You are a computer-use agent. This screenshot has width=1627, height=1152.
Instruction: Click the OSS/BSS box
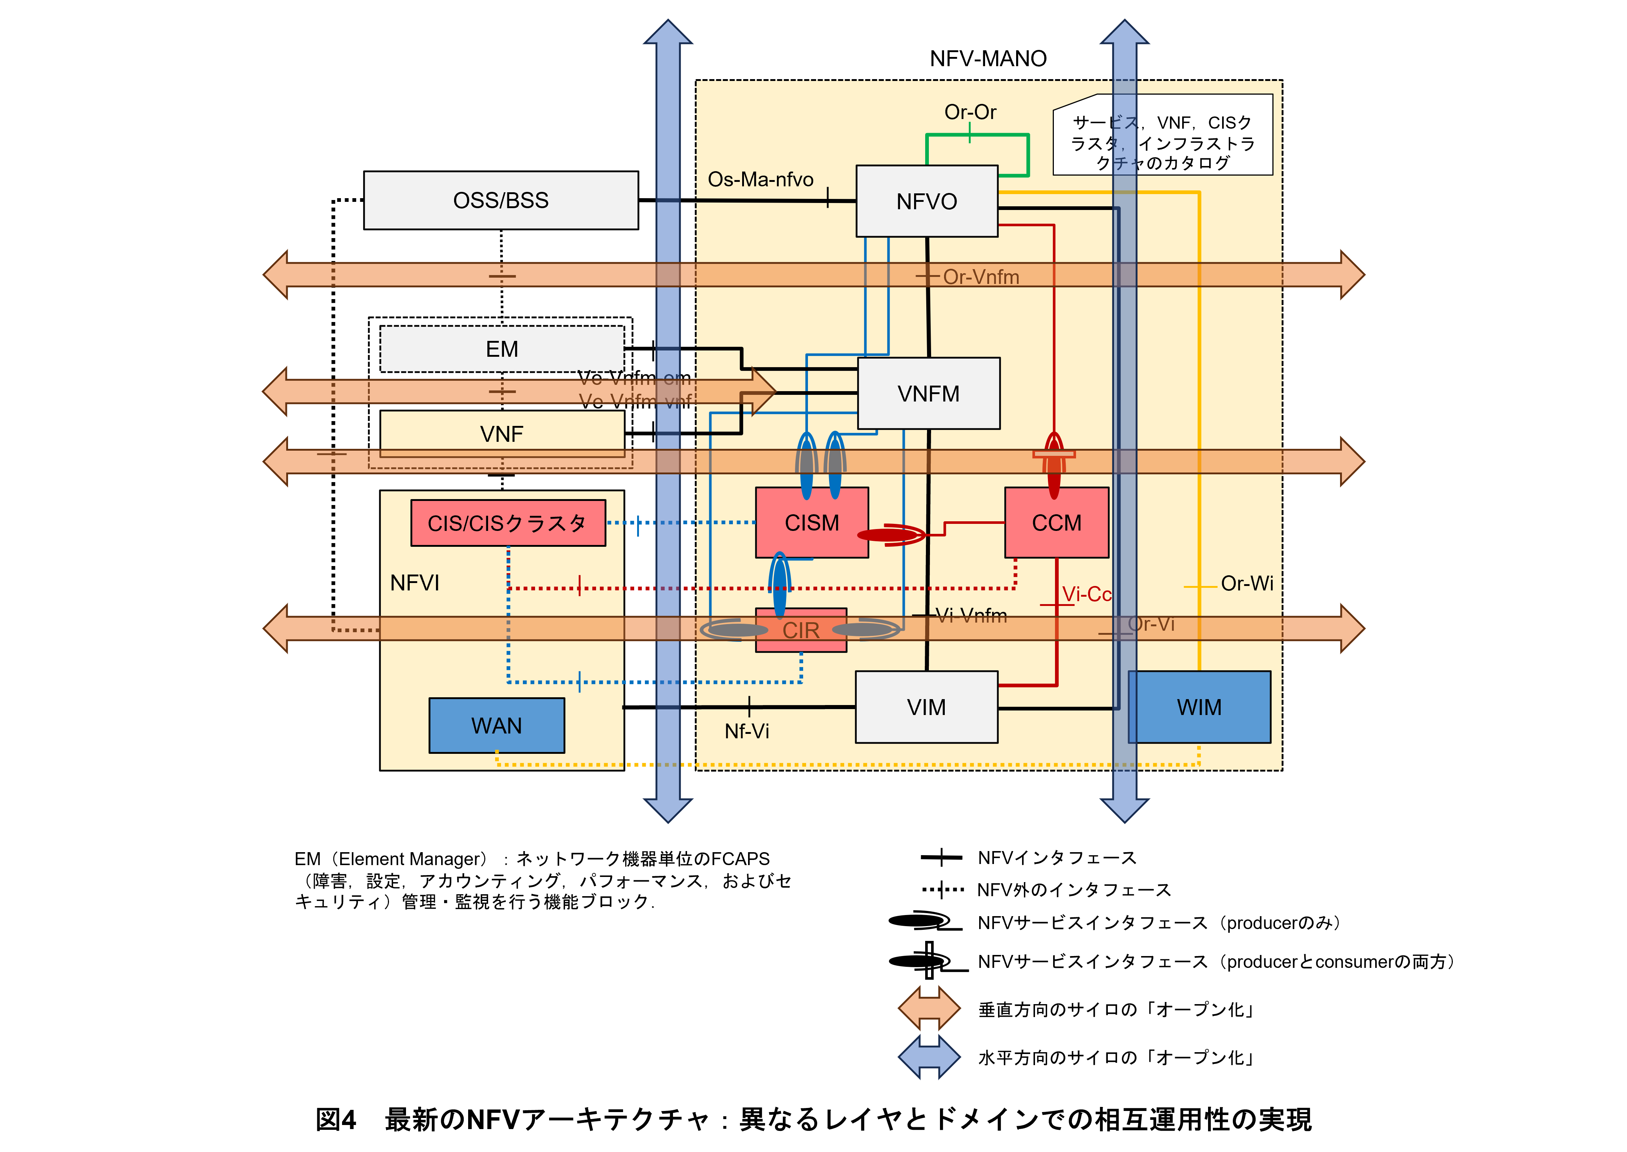(501, 200)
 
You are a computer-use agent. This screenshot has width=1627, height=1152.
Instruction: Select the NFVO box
(927, 201)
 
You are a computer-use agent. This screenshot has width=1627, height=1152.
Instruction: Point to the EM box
(502, 349)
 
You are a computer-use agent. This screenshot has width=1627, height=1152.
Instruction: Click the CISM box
(812, 523)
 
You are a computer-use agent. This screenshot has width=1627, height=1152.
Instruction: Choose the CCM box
(1056, 523)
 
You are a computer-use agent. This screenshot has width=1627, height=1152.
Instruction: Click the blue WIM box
(1199, 707)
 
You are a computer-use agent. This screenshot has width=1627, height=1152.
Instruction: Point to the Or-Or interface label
(970, 112)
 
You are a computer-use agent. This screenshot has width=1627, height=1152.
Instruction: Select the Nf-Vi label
(747, 731)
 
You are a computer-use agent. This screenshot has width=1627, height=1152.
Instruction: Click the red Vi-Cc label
(1086, 594)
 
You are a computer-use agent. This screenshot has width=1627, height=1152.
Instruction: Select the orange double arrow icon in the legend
(929, 1008)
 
